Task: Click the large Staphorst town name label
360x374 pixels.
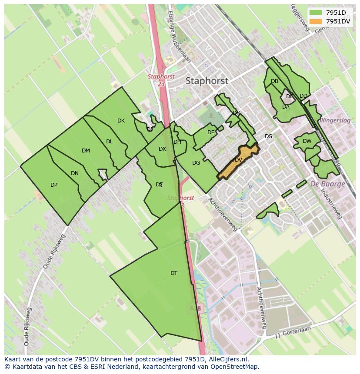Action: click(207, 81)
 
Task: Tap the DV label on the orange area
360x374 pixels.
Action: click(238, 160)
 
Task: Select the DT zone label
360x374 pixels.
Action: click(174, 273)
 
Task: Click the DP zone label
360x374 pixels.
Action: click(54, 185)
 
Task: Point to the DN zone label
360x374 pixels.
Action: click(75, 173)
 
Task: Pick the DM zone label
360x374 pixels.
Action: click(86, 151)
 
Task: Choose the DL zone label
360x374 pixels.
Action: click(110, 142)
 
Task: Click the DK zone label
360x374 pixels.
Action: click(121, 121)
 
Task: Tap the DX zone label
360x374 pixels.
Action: click(162, 149)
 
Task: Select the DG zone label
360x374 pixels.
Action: click(196, 163)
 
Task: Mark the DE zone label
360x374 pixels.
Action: click(211, 132)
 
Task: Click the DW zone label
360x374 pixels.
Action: click(307, 141)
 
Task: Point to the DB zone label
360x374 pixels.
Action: click(274, 81)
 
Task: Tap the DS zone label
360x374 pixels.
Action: click(268, 136)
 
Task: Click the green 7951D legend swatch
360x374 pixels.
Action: click(315, 13)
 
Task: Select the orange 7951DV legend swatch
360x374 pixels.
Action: click(315, 21)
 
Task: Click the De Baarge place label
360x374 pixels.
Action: click(327, 184)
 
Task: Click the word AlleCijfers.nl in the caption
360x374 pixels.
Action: click(227, 359)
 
